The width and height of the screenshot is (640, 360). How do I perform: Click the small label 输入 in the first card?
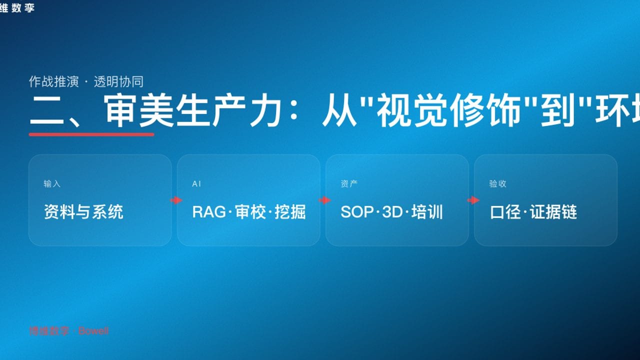point(52,184)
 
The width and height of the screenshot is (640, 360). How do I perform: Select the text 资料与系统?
point(83,212)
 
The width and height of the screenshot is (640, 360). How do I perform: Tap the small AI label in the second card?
point(196,184)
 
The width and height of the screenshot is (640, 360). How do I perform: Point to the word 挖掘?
point(290,212)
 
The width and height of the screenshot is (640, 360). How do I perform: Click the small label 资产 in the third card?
point(349,184)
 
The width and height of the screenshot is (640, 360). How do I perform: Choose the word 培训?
point(427,212)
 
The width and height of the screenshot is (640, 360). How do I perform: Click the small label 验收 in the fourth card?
point(497,184)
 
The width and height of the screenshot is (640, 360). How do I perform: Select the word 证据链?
point(553,212)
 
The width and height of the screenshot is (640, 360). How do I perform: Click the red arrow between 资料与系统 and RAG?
point(176,200)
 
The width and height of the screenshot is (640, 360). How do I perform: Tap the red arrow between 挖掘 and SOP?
point(324,200)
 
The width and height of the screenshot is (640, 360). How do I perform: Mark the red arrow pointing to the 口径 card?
point(473,200)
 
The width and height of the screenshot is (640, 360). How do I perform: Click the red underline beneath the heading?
point(91,134)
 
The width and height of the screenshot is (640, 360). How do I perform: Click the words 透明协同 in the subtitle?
point(118,81)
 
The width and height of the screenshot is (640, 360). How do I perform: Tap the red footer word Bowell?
point(93,331)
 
